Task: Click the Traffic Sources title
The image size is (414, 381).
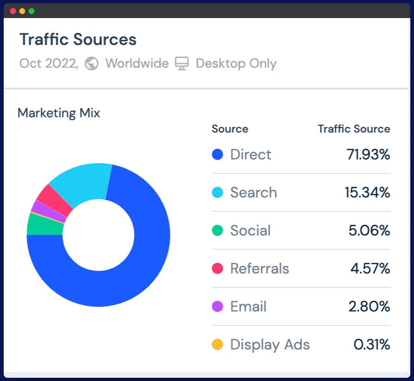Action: [78, 40]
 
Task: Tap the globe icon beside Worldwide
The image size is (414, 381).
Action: [91, 63]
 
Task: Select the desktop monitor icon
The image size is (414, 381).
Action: [182, 63]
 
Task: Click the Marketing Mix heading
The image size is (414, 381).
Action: [59, 113]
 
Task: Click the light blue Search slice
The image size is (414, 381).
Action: [83, 183]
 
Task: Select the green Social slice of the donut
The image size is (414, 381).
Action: [44, 224]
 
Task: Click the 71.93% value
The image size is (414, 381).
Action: [368, 155]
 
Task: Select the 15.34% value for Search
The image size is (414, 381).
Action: [367, 193]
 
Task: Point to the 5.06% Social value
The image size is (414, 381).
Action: [369, 231]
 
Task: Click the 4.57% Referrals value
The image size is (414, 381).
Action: [370, 269]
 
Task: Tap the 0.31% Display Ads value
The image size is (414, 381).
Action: [371, 345]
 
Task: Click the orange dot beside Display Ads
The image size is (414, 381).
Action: [217, 345]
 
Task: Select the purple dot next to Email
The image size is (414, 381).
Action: [217, 307]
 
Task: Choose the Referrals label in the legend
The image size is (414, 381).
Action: [259, 269]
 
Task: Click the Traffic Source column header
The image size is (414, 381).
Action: [354, 129]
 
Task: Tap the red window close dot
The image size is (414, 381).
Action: [13, 11]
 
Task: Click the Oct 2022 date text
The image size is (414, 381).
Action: [49, 63]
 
